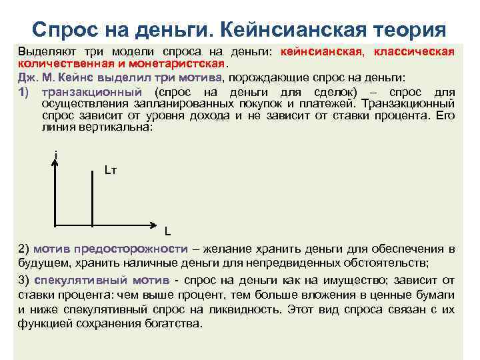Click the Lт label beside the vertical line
(111, 171)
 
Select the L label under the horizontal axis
(168, 233)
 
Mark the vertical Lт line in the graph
(92, 193)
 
